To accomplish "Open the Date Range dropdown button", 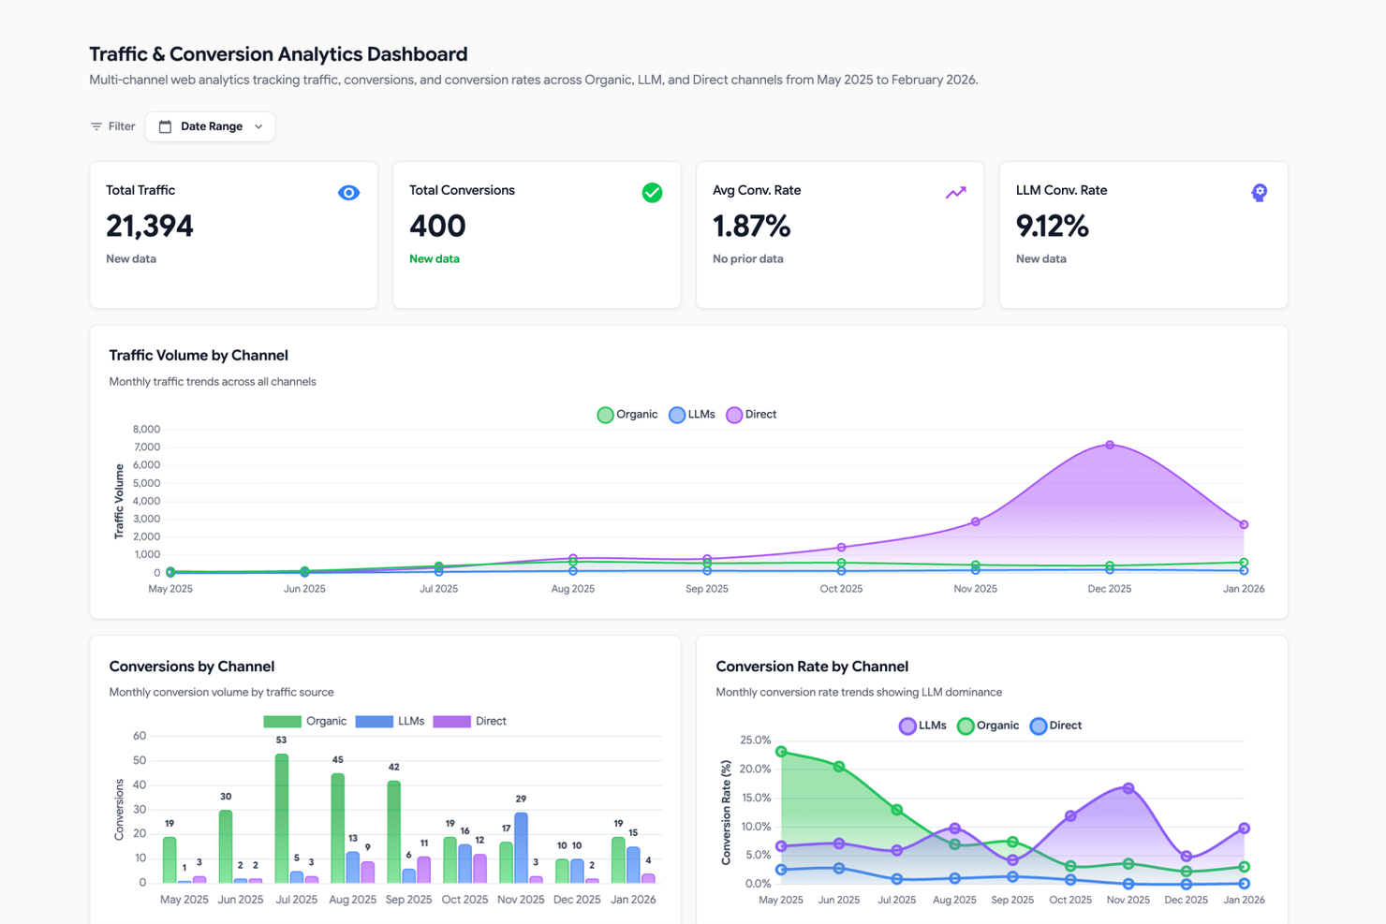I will pos(210,126).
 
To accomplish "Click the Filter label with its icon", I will pos(112,126).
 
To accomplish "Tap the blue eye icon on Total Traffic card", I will pos(348,193).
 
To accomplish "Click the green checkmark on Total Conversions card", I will pos(652,193).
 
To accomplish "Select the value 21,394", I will pos(150,227).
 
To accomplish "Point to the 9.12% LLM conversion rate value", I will pos(1052,227).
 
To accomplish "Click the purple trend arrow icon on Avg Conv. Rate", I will pos(955,193).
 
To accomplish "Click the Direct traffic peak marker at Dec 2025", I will pos(1110,446).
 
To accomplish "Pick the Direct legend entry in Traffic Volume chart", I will pos(751,415).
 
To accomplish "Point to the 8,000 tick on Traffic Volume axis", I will pos(146,430).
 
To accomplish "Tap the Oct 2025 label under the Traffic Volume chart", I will pos(841,589).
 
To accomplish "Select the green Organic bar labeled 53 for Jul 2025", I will pos(282,819).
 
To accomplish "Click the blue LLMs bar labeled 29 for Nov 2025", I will pos(521,848).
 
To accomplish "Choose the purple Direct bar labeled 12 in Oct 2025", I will pos(480,868).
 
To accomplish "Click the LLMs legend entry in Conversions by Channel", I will pos(391,722).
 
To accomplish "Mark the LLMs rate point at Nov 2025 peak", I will pos(1128,788).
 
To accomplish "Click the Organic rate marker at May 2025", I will pos(781,752).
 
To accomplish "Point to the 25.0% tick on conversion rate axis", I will pos(755,741).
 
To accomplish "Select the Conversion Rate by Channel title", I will pos(812,667).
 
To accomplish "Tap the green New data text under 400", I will pos(435,259).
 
